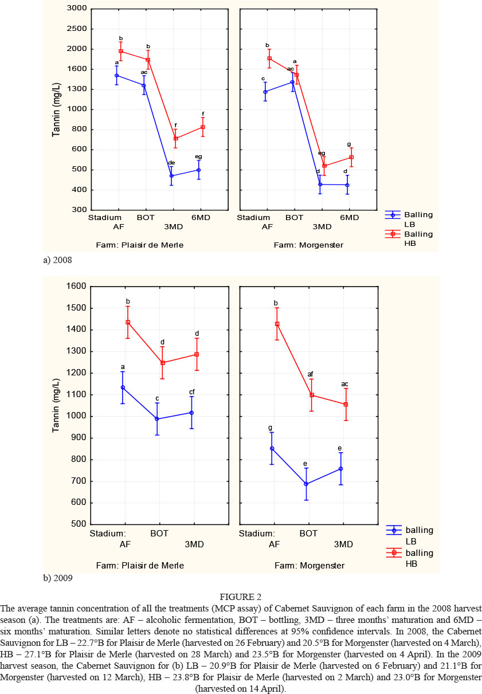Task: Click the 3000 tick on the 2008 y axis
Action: (x=75, y=9)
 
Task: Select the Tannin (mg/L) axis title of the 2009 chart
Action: (x=56, y=405)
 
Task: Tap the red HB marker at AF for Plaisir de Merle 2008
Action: (x=121, y=51)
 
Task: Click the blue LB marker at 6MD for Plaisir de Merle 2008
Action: (x=199, y=170)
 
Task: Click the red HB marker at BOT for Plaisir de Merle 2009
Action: (x=163, y=363)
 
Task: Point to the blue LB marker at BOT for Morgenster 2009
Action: (x=306, y=484)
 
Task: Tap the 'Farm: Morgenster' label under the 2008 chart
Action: (x=309, y=245)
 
